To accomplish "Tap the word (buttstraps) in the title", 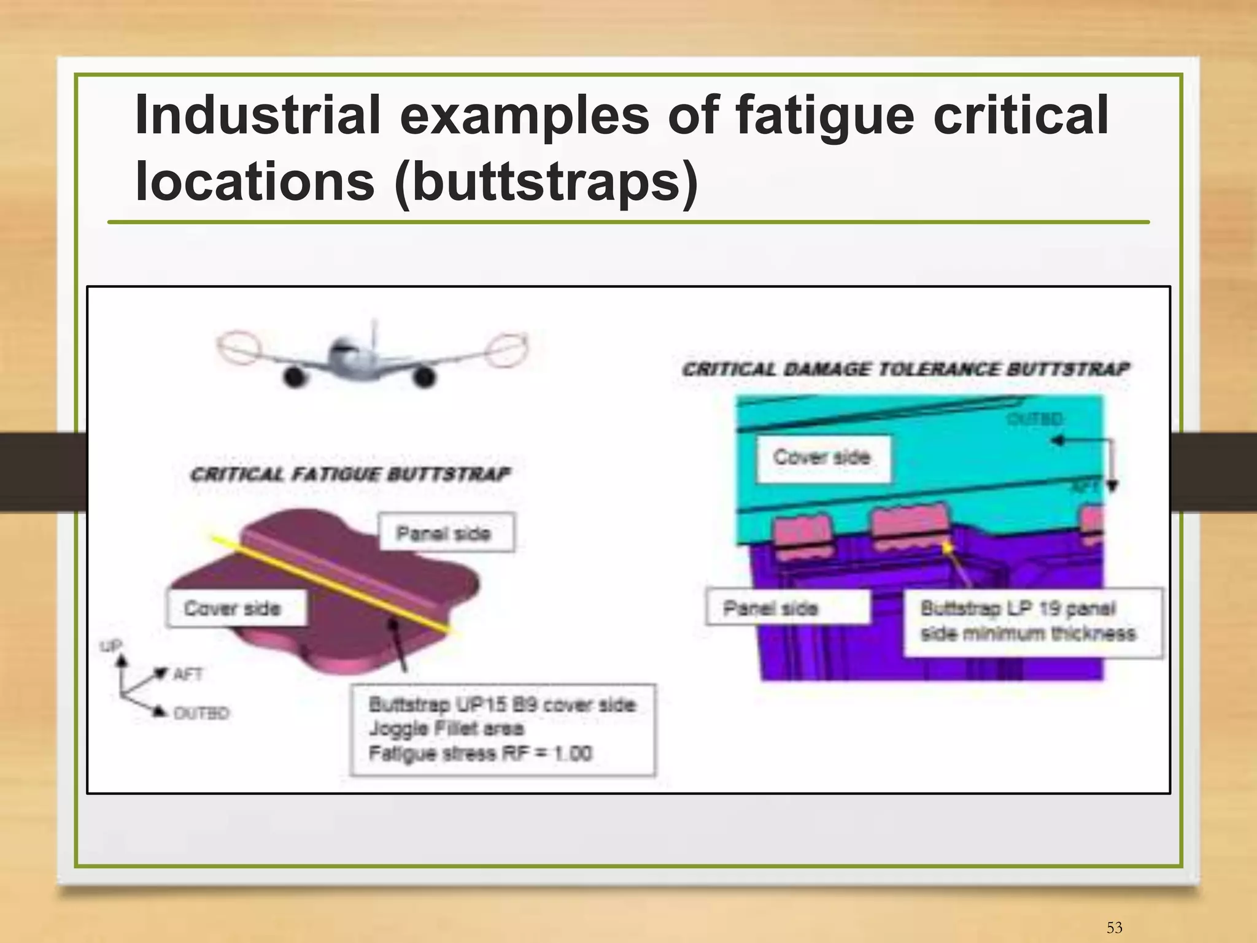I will (x=546, y=182).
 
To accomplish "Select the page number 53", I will (x=1114, y=927).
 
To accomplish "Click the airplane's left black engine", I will (x=295, y=376).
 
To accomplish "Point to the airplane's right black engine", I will (x=424, y=376).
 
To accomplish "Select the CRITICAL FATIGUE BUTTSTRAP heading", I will (x=350, y=474).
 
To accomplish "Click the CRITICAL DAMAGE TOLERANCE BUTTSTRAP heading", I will (x=905, y=369).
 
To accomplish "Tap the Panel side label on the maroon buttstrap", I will (x=444, y=533).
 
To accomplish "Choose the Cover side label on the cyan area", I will (x=822, y=457).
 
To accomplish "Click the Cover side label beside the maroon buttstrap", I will (x=233, y=608).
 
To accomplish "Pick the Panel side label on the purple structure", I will (x=772, y=608).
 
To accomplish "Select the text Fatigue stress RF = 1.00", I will (x=480, y=753).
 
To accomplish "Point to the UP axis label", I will (x=112, y=645).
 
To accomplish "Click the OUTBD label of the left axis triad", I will (x=201, y=713).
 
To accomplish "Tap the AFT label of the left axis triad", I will (x=188, y=674).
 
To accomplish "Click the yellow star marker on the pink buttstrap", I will (x=947, y=546).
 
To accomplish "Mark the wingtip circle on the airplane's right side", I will (x=506, y=349).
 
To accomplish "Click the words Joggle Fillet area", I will (x=446, y=729).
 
